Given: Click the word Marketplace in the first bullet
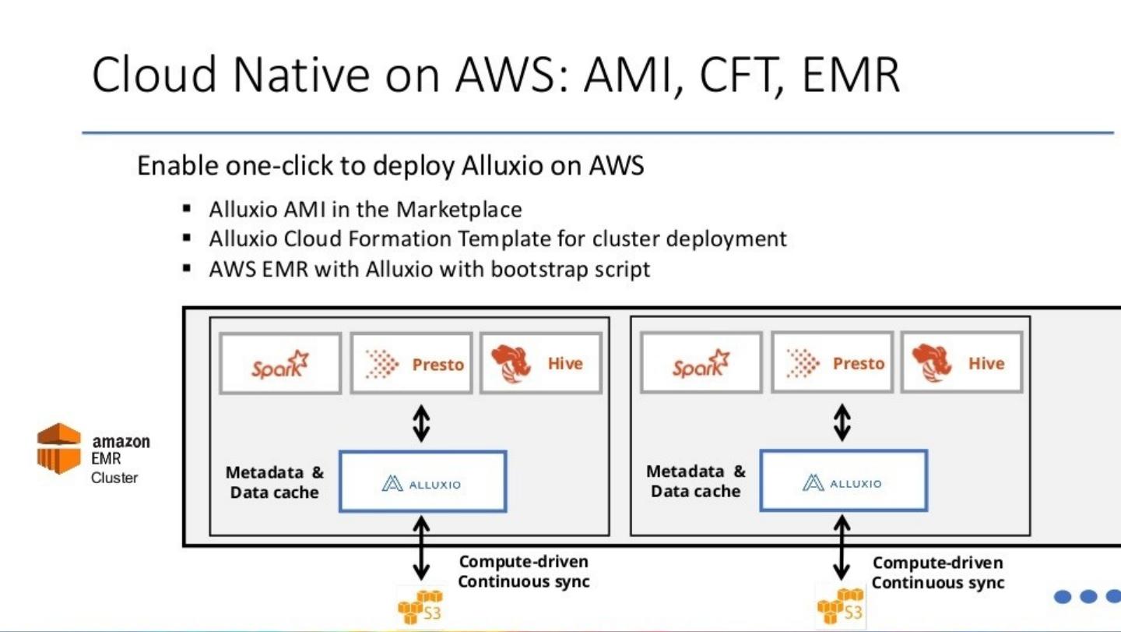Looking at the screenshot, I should (459, 210).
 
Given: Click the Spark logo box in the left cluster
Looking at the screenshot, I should (280, 363).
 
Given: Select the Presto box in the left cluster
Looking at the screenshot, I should (411, 363).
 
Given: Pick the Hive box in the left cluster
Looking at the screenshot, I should (541, 363).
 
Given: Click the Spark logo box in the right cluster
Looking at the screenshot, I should (701, 363).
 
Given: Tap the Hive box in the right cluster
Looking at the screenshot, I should (961, 363).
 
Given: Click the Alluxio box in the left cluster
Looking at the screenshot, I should (423, 482).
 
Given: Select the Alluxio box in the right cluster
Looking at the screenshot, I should (843, 481).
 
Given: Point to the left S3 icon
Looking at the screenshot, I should (420, 606).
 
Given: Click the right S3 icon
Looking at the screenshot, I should (841, 607).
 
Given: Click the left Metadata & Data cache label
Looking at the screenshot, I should (275, 482).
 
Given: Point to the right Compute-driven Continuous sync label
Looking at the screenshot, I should (938, 573).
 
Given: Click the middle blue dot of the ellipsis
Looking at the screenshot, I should (1088, 597).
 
